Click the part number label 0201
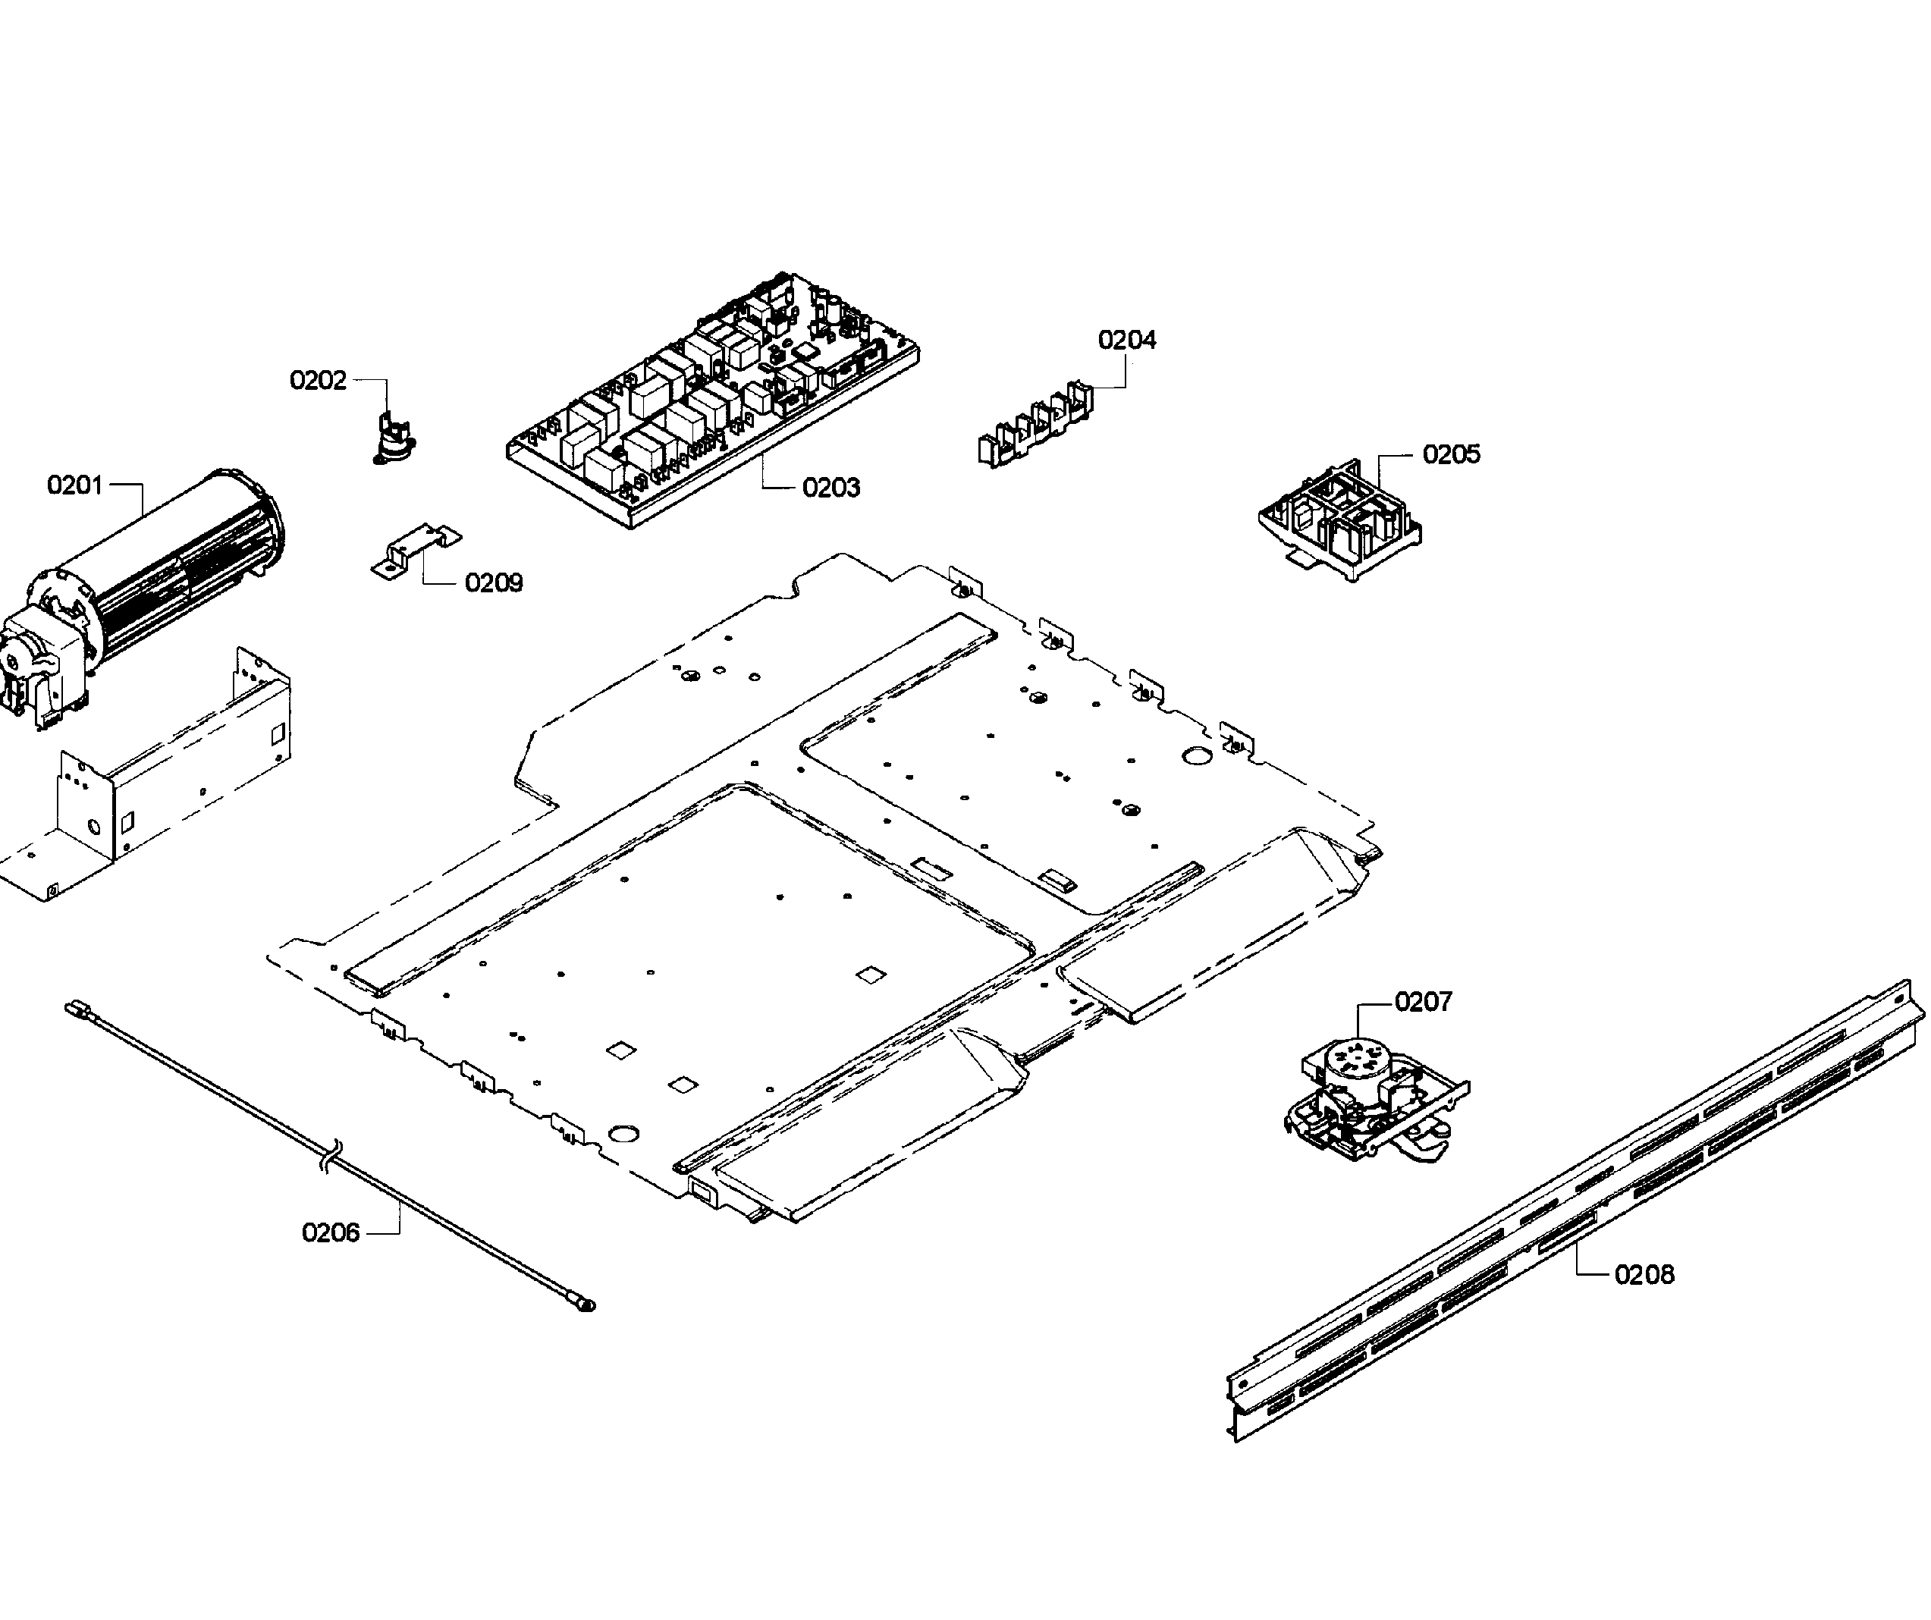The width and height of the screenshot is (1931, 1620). point(75,485)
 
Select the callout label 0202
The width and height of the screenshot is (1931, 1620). point(318,380)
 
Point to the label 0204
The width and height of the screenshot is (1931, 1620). point(1126,341)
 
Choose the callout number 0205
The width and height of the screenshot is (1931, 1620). point(1451,454)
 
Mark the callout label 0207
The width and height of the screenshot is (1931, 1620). point(1424,1001)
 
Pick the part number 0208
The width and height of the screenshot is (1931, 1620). point(1644,1274)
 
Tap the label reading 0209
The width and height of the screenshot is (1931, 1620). point(494,583)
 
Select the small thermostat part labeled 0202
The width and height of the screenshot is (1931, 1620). point(394,437)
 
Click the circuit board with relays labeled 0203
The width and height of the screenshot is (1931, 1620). point(713,400)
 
